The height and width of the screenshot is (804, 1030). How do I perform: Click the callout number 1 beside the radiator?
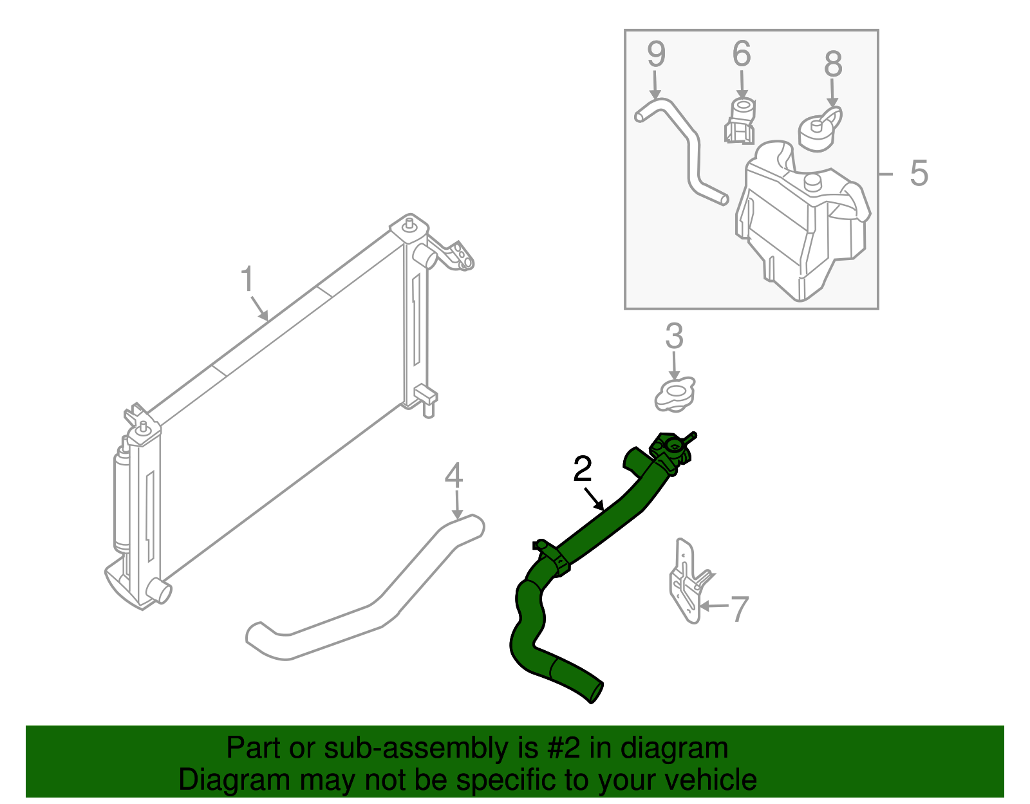click(x=247, y=279)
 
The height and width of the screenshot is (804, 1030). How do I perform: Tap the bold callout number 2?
click(x=583, y=469)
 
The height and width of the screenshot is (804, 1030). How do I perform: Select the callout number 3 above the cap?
click(x=674, y=336)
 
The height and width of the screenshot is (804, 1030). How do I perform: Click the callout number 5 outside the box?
click(x=919, y=173)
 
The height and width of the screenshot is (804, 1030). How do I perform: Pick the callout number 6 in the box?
click(x=742, y=53)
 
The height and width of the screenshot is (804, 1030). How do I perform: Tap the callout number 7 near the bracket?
click(x=740, y=610)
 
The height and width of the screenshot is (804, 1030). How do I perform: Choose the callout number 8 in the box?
click(x=833, y=64)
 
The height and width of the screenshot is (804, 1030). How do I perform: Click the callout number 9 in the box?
click(x=657, y=54)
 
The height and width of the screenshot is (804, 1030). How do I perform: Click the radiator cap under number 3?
click(x=675, y=395)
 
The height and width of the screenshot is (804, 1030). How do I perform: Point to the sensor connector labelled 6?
click(x=740, y=120)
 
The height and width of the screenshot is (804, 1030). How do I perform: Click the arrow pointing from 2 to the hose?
click(x=594, y=500)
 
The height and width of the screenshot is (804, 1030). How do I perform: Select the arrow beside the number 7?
click(x=715, y=606)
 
